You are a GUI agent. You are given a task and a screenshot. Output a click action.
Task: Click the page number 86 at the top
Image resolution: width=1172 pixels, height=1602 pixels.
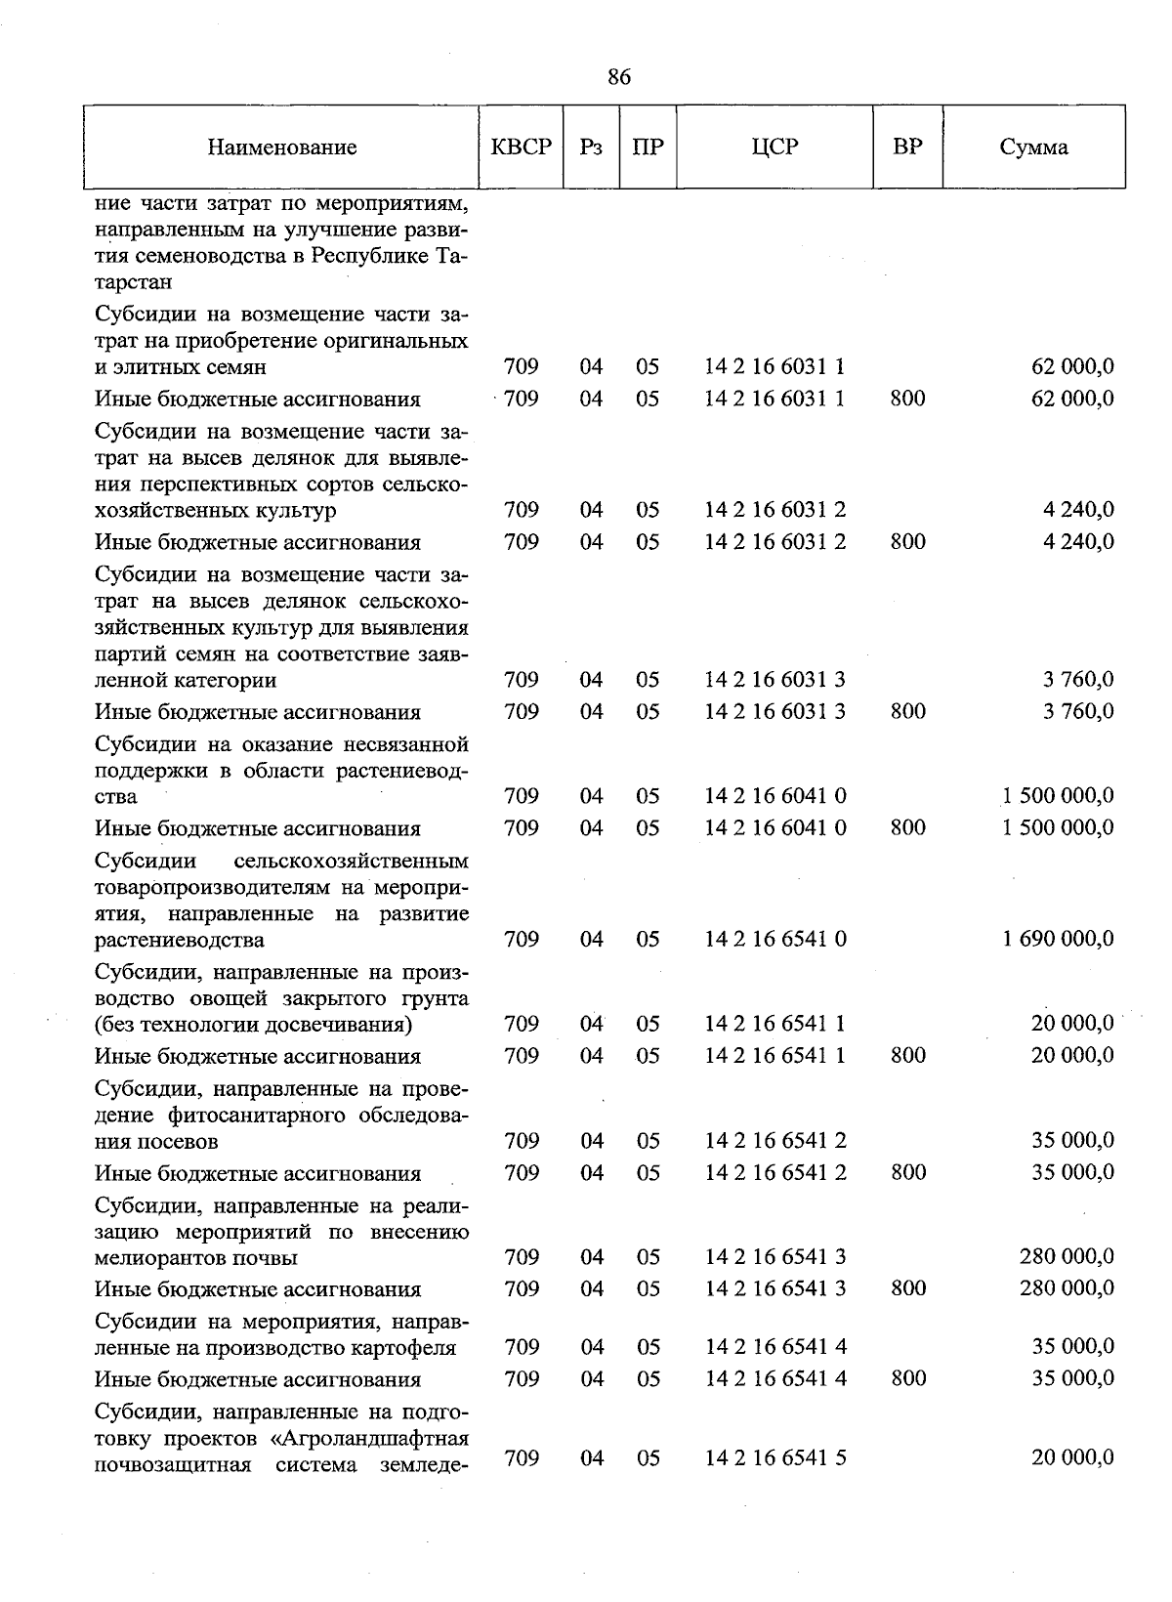pos(619,77)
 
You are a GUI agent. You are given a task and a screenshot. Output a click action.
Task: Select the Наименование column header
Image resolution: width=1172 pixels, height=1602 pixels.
pos(282,148)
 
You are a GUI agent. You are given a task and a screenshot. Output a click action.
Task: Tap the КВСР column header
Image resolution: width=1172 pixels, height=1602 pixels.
pos(522,148)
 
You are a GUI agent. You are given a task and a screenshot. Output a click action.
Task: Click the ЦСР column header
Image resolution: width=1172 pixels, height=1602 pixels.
pos(775,148)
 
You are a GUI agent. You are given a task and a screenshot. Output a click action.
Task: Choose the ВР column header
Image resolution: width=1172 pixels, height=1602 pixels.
pos(907,148)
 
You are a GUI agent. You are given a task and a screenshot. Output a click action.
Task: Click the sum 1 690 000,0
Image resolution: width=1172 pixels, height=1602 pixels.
pos(1058,940)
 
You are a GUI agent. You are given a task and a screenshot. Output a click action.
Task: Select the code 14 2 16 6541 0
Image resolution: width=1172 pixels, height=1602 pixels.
pos(775,940)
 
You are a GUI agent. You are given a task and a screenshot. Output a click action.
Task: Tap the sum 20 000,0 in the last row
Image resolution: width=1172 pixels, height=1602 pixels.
pos(1072,1458)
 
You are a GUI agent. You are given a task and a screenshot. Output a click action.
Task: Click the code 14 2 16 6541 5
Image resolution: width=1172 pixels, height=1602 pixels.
pos(775,1458)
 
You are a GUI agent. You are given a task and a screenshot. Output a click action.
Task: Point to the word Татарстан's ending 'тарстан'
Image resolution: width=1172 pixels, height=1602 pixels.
pos(135,282)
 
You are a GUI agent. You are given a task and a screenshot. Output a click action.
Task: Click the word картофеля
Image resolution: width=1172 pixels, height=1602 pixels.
pos(407,1348)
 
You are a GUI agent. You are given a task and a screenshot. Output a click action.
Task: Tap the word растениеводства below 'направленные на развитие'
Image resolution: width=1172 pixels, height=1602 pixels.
pos(180,941)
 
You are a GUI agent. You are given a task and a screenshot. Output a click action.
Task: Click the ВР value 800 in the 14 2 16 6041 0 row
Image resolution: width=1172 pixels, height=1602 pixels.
pos(908,828)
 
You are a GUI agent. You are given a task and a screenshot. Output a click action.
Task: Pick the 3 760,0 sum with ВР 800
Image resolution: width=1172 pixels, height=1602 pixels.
pos(1078,712)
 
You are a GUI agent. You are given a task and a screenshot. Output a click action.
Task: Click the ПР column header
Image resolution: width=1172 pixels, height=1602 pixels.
pos(648,148)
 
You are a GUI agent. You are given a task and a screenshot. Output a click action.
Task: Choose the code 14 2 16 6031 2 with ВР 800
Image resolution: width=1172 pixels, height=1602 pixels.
pos(775,542)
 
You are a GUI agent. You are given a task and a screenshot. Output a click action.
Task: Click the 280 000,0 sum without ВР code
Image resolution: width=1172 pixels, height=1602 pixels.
pos(1067,1257)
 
